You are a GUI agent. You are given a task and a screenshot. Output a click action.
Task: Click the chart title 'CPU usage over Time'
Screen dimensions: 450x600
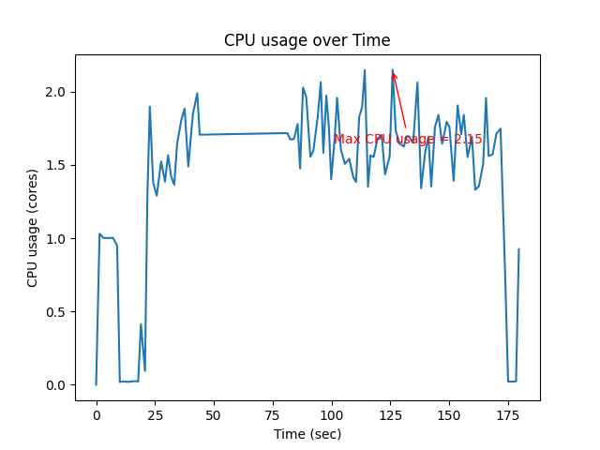click(x=307, y=40)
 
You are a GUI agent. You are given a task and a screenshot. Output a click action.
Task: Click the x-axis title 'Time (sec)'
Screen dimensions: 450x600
click(x=307, y=434)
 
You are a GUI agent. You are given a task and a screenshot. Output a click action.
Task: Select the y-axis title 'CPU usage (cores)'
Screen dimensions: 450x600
click(x=33, y=228)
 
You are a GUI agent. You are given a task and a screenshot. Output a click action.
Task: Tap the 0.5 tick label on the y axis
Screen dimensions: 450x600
click(x=55, y=312)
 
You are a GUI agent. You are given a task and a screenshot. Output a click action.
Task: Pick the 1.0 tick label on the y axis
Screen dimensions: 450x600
click(x=55, y=239)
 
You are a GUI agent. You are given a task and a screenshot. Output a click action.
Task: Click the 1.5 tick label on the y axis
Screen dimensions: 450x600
click(x=55, y=166)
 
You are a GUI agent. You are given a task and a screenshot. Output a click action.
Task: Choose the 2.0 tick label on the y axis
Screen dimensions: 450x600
click(x=55, y=93)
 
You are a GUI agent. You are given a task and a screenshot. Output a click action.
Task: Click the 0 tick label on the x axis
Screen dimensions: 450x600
click(x=97, y=414)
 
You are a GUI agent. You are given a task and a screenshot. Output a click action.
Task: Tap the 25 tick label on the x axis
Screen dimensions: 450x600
click(x=155, y=414)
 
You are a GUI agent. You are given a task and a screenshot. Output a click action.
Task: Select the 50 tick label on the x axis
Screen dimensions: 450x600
click(x=214, y=414)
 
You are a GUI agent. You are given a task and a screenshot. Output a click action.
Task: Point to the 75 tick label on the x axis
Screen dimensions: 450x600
click(x=273, y=414)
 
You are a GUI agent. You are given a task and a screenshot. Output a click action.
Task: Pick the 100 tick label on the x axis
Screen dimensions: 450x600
click(x=332, y=414)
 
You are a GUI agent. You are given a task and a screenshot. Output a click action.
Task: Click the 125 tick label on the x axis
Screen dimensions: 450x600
click(x=391, y=414)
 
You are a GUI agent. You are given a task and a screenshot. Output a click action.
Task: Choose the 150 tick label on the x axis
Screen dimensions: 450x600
click(x=449, y=414)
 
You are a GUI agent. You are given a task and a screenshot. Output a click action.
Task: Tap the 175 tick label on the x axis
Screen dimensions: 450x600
click(x=508, y=414)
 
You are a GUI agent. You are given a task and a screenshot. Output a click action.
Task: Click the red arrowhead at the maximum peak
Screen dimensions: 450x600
click(x=394, y=74)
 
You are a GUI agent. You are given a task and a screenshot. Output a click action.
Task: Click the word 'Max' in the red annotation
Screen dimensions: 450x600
click(x=348, y=140)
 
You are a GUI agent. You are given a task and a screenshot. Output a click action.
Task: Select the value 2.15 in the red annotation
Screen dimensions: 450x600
click(x=467, y=140)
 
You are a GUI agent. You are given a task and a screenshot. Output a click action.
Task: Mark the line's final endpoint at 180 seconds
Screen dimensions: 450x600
click(x=518, y=249)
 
